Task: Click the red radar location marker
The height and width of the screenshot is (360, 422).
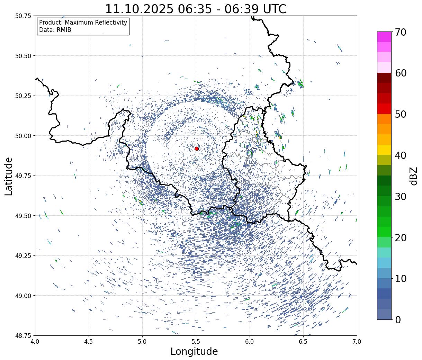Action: click(x=197, y=148)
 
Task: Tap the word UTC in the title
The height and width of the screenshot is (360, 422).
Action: click(x=273, y=9)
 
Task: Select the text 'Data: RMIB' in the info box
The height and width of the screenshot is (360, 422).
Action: click(x=55, y=30)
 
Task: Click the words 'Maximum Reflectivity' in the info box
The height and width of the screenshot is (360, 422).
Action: click(x=96, y=22)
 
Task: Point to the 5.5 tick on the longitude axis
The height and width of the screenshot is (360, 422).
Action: click(x=196, y=342)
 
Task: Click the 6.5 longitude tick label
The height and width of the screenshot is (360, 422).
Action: click(x=303, y=342)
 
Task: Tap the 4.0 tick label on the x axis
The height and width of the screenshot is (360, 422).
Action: click(x=35, y=342)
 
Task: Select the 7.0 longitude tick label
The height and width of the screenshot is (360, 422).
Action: click(x=357, y=342)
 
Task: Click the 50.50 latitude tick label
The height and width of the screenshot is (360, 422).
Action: click(x=23, y=56)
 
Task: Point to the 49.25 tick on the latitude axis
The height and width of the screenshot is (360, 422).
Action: click(x=23, y=255)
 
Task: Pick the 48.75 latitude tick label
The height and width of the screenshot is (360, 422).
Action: click(x=23, y=335)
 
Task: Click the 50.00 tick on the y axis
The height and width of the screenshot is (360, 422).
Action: click(x=23, y=136)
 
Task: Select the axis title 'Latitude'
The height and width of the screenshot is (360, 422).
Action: click(x=9, y=176)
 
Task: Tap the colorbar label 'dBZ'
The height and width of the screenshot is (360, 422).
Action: click(x=413, y=176)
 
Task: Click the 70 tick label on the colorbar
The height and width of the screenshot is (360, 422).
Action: click(x=401, y=32)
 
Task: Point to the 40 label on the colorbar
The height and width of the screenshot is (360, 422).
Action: click(x=401, y=155)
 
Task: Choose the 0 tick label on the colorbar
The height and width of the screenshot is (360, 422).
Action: click(x=398, y=320)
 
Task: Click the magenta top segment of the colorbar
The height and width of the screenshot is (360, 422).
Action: click(x=384, y=37)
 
